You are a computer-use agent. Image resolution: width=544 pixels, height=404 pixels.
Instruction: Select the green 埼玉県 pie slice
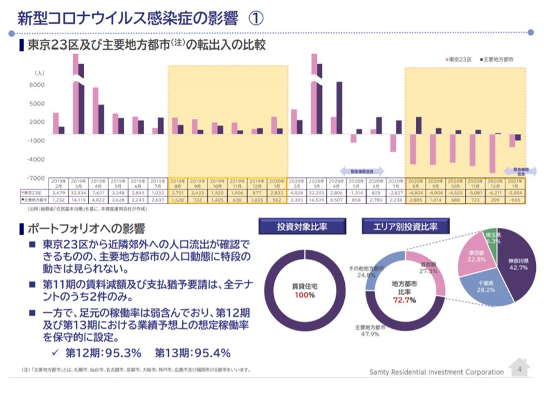(x=491, y=240)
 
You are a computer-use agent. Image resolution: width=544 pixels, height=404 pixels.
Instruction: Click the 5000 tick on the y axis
(x=37, y=104)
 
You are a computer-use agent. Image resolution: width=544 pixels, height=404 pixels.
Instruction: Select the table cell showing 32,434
(x=78, y=193)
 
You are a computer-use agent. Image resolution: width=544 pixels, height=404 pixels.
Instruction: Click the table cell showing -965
(x=515, y=200)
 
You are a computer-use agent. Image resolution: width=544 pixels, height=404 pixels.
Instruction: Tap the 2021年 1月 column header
(x=515, y=183)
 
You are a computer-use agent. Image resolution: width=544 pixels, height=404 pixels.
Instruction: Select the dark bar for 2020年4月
(x=339, y=108)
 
